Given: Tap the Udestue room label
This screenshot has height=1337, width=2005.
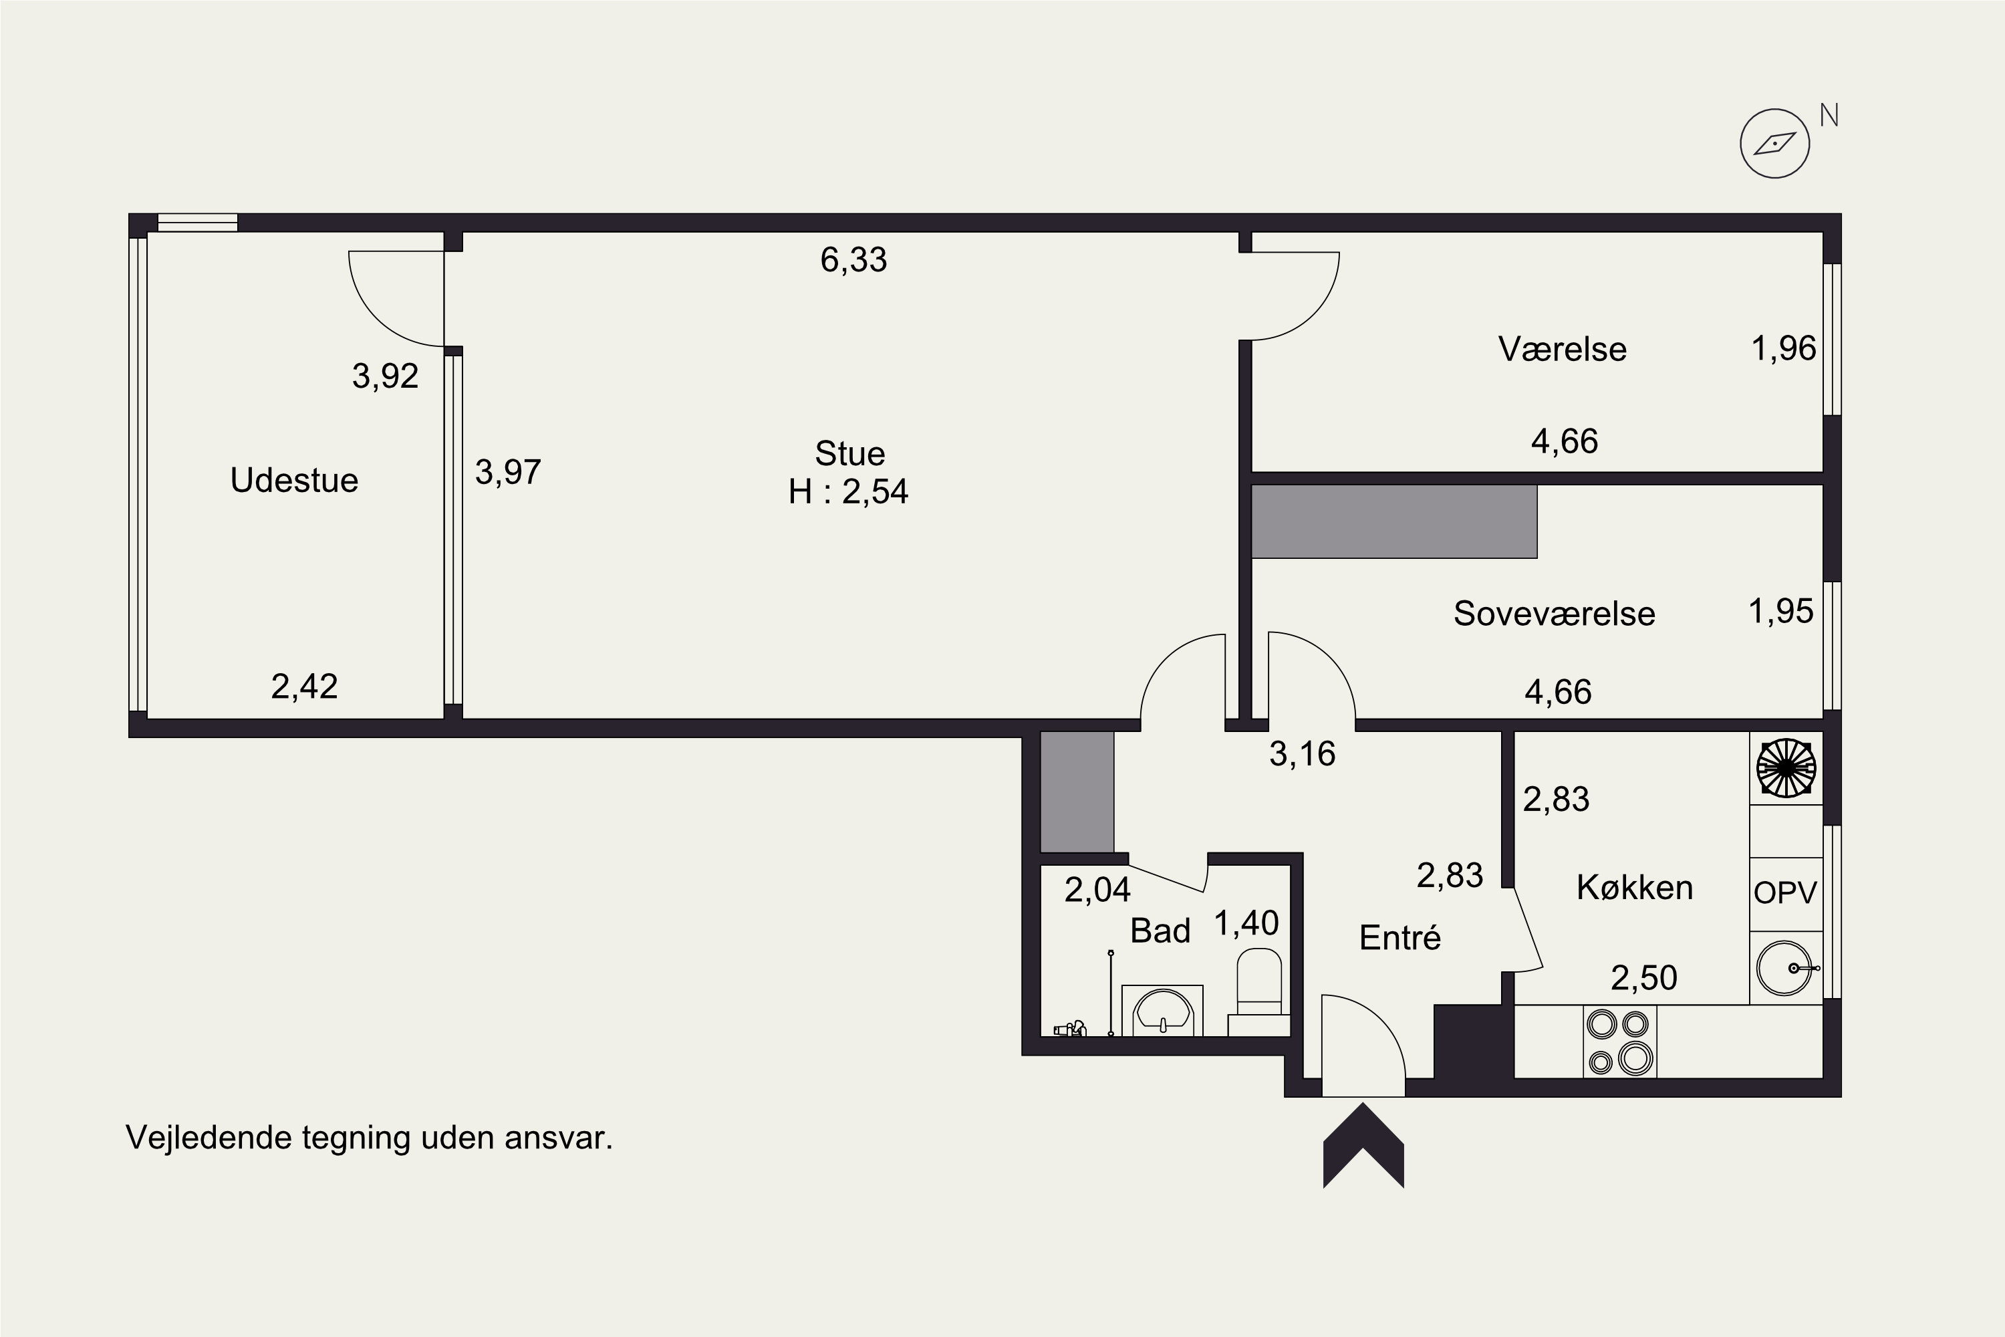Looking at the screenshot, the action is point(294,480).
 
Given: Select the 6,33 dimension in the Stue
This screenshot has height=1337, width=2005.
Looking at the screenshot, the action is point(853,259).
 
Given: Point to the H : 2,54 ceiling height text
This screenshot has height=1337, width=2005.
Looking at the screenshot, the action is point(848,492).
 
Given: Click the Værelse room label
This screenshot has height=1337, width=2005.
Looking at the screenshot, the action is point(1563,349).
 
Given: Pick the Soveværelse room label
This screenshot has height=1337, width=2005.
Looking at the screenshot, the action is point(1554,613).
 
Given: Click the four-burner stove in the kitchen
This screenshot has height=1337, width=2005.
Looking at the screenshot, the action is point(1619,1041).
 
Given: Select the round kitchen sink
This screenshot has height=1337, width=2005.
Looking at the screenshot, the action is point(1785,968).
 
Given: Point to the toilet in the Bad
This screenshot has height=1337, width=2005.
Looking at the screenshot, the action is point(1259,991).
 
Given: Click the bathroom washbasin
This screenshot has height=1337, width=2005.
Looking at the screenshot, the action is point(1162,1010).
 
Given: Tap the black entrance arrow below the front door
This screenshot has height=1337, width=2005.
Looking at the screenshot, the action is point(1363,1145).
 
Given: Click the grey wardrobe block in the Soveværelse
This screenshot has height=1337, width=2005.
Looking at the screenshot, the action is point(1393,522).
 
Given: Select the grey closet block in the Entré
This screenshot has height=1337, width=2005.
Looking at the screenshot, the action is point(1077,792).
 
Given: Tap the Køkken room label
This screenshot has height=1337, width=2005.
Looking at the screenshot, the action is point(1634,888).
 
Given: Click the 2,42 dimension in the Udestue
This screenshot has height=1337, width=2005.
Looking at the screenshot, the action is point(304,686).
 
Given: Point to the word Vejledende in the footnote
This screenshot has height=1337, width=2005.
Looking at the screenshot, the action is point(209,1138).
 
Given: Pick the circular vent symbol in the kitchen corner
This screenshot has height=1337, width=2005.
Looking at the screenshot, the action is point(1786,768).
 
